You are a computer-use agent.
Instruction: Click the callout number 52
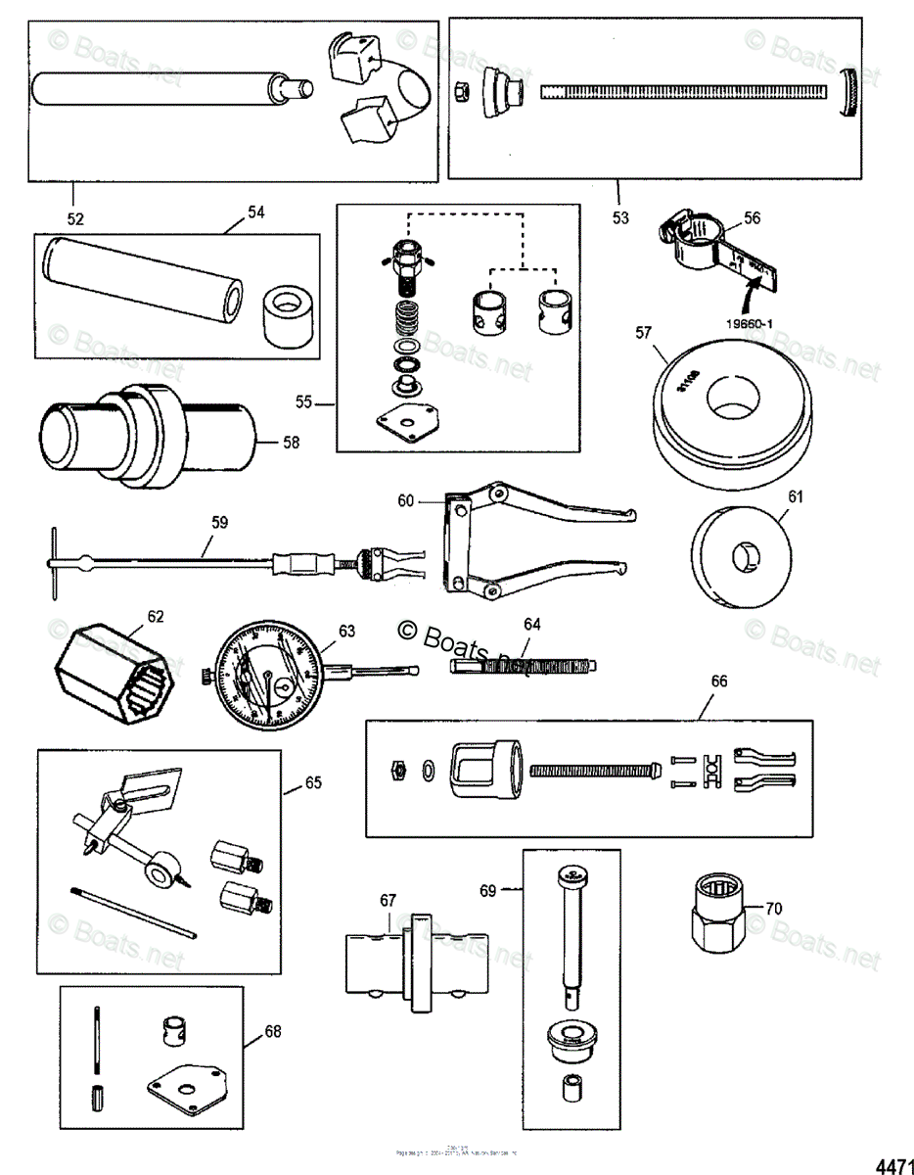pyautogui.click(x=74, y=217)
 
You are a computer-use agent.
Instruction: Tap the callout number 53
pyautogui.click(x=619, y=217)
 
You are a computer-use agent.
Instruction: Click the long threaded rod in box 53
pyautogui.click(x=684, y=92)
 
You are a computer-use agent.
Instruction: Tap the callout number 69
pyautogui.click(x=488, y=890)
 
